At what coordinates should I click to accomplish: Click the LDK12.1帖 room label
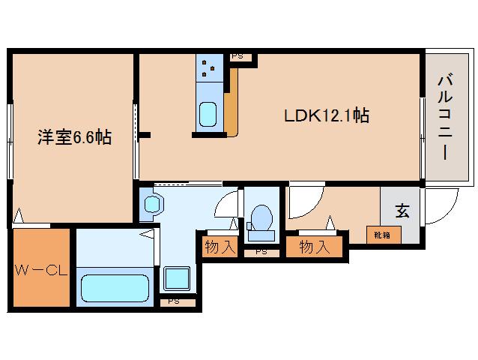click(325, 116)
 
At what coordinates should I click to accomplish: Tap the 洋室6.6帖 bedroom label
click(75, 137)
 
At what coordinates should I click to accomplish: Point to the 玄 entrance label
click(402, 212)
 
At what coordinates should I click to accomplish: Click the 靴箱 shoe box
click(383, 235)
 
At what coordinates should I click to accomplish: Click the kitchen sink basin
click(208, 115)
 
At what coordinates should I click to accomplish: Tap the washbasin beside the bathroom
click(153, 204)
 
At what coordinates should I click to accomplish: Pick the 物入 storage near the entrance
click(315, 246)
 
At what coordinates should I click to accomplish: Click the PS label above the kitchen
click(237, 56)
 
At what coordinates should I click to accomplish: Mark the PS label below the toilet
click(261, 252)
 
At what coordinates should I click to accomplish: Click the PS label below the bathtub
click(173, 301)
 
